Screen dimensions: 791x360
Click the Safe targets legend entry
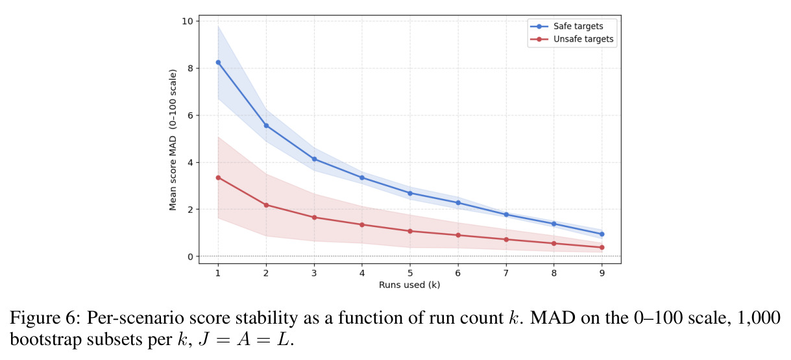point(567,26)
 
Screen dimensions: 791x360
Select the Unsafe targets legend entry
point(572,39)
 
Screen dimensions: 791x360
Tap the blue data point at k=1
point(218,62)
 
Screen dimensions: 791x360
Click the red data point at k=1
point(218,178)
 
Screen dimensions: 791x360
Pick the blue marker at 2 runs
point(266,126)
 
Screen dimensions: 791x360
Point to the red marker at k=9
point(602,247)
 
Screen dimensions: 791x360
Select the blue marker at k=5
point(410,193)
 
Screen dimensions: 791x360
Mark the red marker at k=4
point(362,225)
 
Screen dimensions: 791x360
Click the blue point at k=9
point(602,234)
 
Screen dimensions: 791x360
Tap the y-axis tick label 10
point(188,21)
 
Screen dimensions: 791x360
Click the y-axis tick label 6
point(191,115)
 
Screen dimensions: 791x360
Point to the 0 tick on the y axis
point(191,257)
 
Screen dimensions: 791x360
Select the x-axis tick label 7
point(506,273)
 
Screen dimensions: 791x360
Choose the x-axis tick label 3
point(314,273)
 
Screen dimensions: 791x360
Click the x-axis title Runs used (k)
point(409,285)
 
